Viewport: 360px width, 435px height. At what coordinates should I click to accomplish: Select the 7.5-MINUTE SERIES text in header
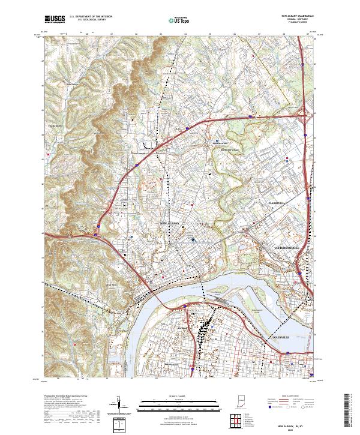298,23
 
